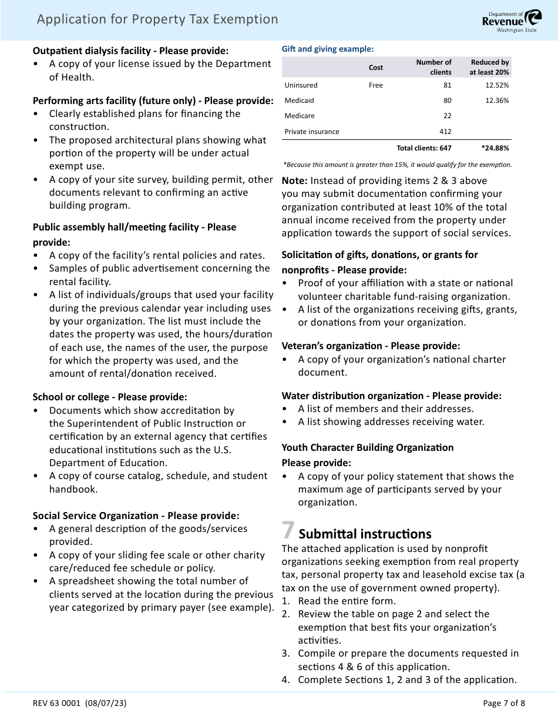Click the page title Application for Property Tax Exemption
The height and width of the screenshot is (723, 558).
(x=157, y=19)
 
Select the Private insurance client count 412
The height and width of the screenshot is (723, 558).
(x=445, y=132)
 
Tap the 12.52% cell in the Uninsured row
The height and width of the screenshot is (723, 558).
(x=497, y=85)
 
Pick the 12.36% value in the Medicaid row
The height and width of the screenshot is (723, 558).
(x=497, y=101)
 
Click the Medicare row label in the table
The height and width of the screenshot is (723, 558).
(x=300, y=116)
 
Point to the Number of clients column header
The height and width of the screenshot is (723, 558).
(x=433, y=67)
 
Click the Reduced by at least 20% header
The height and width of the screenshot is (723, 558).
(x=489, y=67)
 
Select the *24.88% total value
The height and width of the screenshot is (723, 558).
(x=495, y=148)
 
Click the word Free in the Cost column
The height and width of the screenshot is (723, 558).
(x=376, y=85)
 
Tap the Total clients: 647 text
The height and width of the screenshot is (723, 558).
(x=424, y=148)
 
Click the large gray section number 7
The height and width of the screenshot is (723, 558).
(x=288, y=531)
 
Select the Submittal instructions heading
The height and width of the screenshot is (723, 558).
(x=365, y=534)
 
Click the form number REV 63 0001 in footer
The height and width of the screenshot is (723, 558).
(x=79, y=703)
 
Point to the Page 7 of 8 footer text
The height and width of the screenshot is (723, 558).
(x=503, y=703)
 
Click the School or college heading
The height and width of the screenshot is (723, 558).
(x=110, y=397)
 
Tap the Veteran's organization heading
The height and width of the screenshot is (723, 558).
(x=371, y=346)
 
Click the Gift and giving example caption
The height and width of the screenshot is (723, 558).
(x=327, y=49)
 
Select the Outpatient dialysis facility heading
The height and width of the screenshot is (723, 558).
(x=130, y=51)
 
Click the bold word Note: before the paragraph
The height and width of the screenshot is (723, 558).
(x=295, y=181)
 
